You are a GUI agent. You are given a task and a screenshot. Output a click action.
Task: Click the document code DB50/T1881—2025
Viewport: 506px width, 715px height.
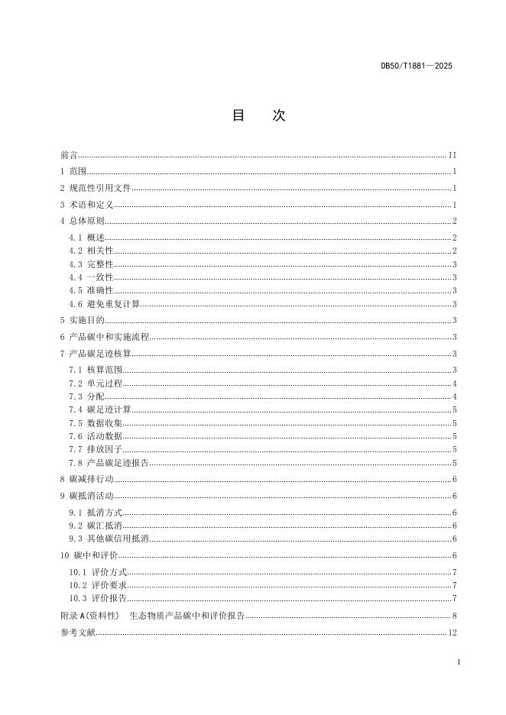coord(416,66)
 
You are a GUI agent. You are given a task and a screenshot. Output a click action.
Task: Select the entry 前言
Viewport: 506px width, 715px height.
coord(69,155)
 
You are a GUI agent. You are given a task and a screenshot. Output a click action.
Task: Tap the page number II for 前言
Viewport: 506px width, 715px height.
coord(452,155)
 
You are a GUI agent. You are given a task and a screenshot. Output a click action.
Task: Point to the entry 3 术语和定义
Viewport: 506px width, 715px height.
coord(86,205)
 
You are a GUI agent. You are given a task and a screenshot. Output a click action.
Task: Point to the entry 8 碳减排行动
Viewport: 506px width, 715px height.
coord(86,479)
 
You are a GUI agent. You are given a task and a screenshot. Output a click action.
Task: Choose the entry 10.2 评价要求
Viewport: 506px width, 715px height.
coord(98,585)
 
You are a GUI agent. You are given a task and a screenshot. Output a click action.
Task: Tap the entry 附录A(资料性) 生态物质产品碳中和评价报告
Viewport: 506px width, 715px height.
coord(153,616)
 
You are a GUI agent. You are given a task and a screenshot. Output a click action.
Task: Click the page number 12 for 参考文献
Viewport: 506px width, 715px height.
coord(452,632)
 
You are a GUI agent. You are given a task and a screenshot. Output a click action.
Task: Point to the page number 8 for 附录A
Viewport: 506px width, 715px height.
coord(454,616)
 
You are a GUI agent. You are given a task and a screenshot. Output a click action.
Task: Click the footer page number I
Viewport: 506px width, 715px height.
coord(458,662)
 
